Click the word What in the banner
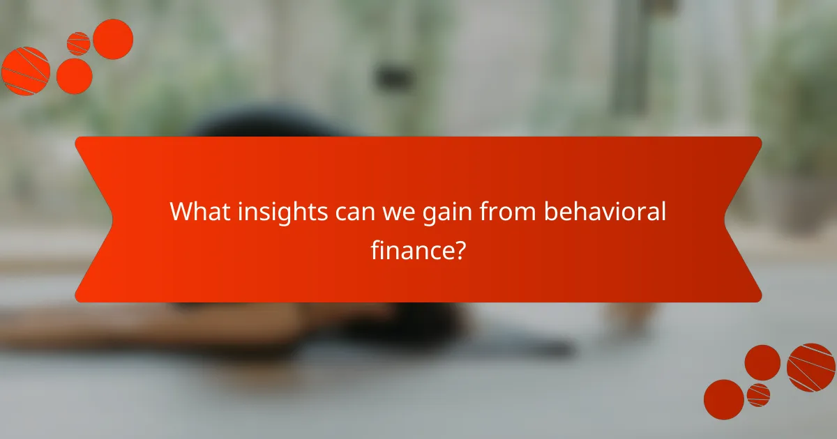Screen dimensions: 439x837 (x=197, y=212)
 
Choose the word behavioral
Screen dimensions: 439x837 (x=605, y=212)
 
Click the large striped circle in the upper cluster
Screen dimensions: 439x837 (x=25, y=70)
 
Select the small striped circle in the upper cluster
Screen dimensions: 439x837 (x=78, y=43)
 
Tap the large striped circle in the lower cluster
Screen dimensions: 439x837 (x=810, y=367)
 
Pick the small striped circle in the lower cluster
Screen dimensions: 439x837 (x=758, y=394)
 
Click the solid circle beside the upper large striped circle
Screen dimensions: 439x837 (x=74, y=75)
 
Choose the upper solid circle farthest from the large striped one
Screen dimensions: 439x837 (x=113, y=39)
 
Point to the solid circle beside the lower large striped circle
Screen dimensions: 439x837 (x=762, y=362)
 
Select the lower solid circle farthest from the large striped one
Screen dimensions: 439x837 (x=723, y=399)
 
